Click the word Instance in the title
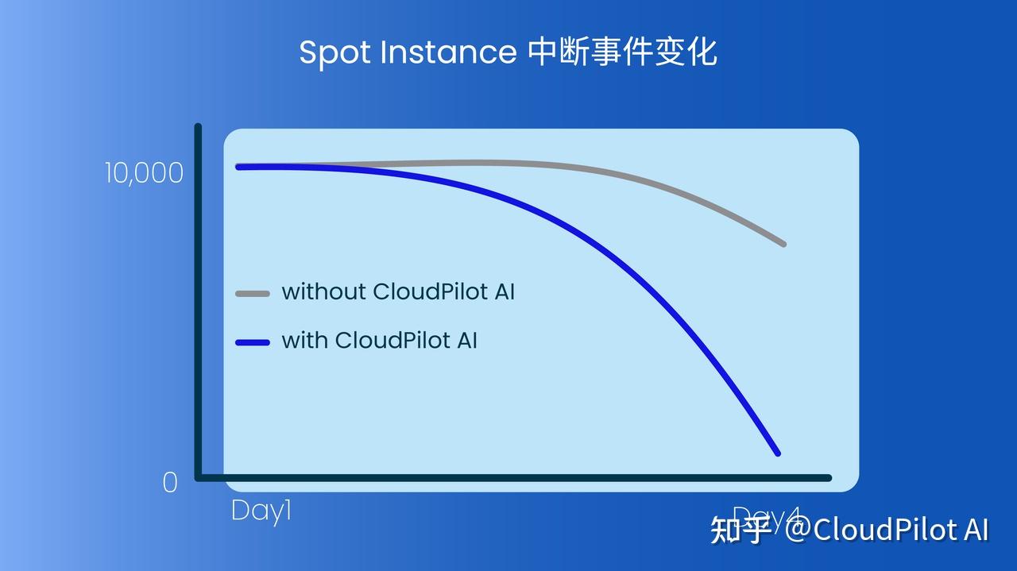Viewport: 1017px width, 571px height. [449, 52]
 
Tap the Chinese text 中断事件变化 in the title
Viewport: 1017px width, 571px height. [622, 52]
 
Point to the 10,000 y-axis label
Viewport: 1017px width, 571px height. [144, 173]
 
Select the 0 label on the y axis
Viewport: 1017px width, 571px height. [170, 483]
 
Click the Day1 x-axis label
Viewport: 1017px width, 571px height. [261, 511]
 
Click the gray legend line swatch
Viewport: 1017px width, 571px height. [253, 294]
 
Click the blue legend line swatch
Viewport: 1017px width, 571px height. [253, 342]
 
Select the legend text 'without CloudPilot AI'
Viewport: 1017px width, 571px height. [398, 291]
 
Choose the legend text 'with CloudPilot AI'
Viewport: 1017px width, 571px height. [379, 341]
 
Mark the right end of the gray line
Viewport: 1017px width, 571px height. [783, 243]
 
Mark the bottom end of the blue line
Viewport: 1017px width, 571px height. [777, 453]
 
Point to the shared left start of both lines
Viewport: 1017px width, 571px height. [239, 167]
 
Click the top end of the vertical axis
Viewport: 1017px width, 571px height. [198, 127]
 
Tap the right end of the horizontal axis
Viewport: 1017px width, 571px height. [828, 477]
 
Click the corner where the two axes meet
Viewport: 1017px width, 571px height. [199, 477]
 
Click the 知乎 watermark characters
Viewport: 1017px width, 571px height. [740, 529]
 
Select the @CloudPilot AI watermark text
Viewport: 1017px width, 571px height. [887, 529]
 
